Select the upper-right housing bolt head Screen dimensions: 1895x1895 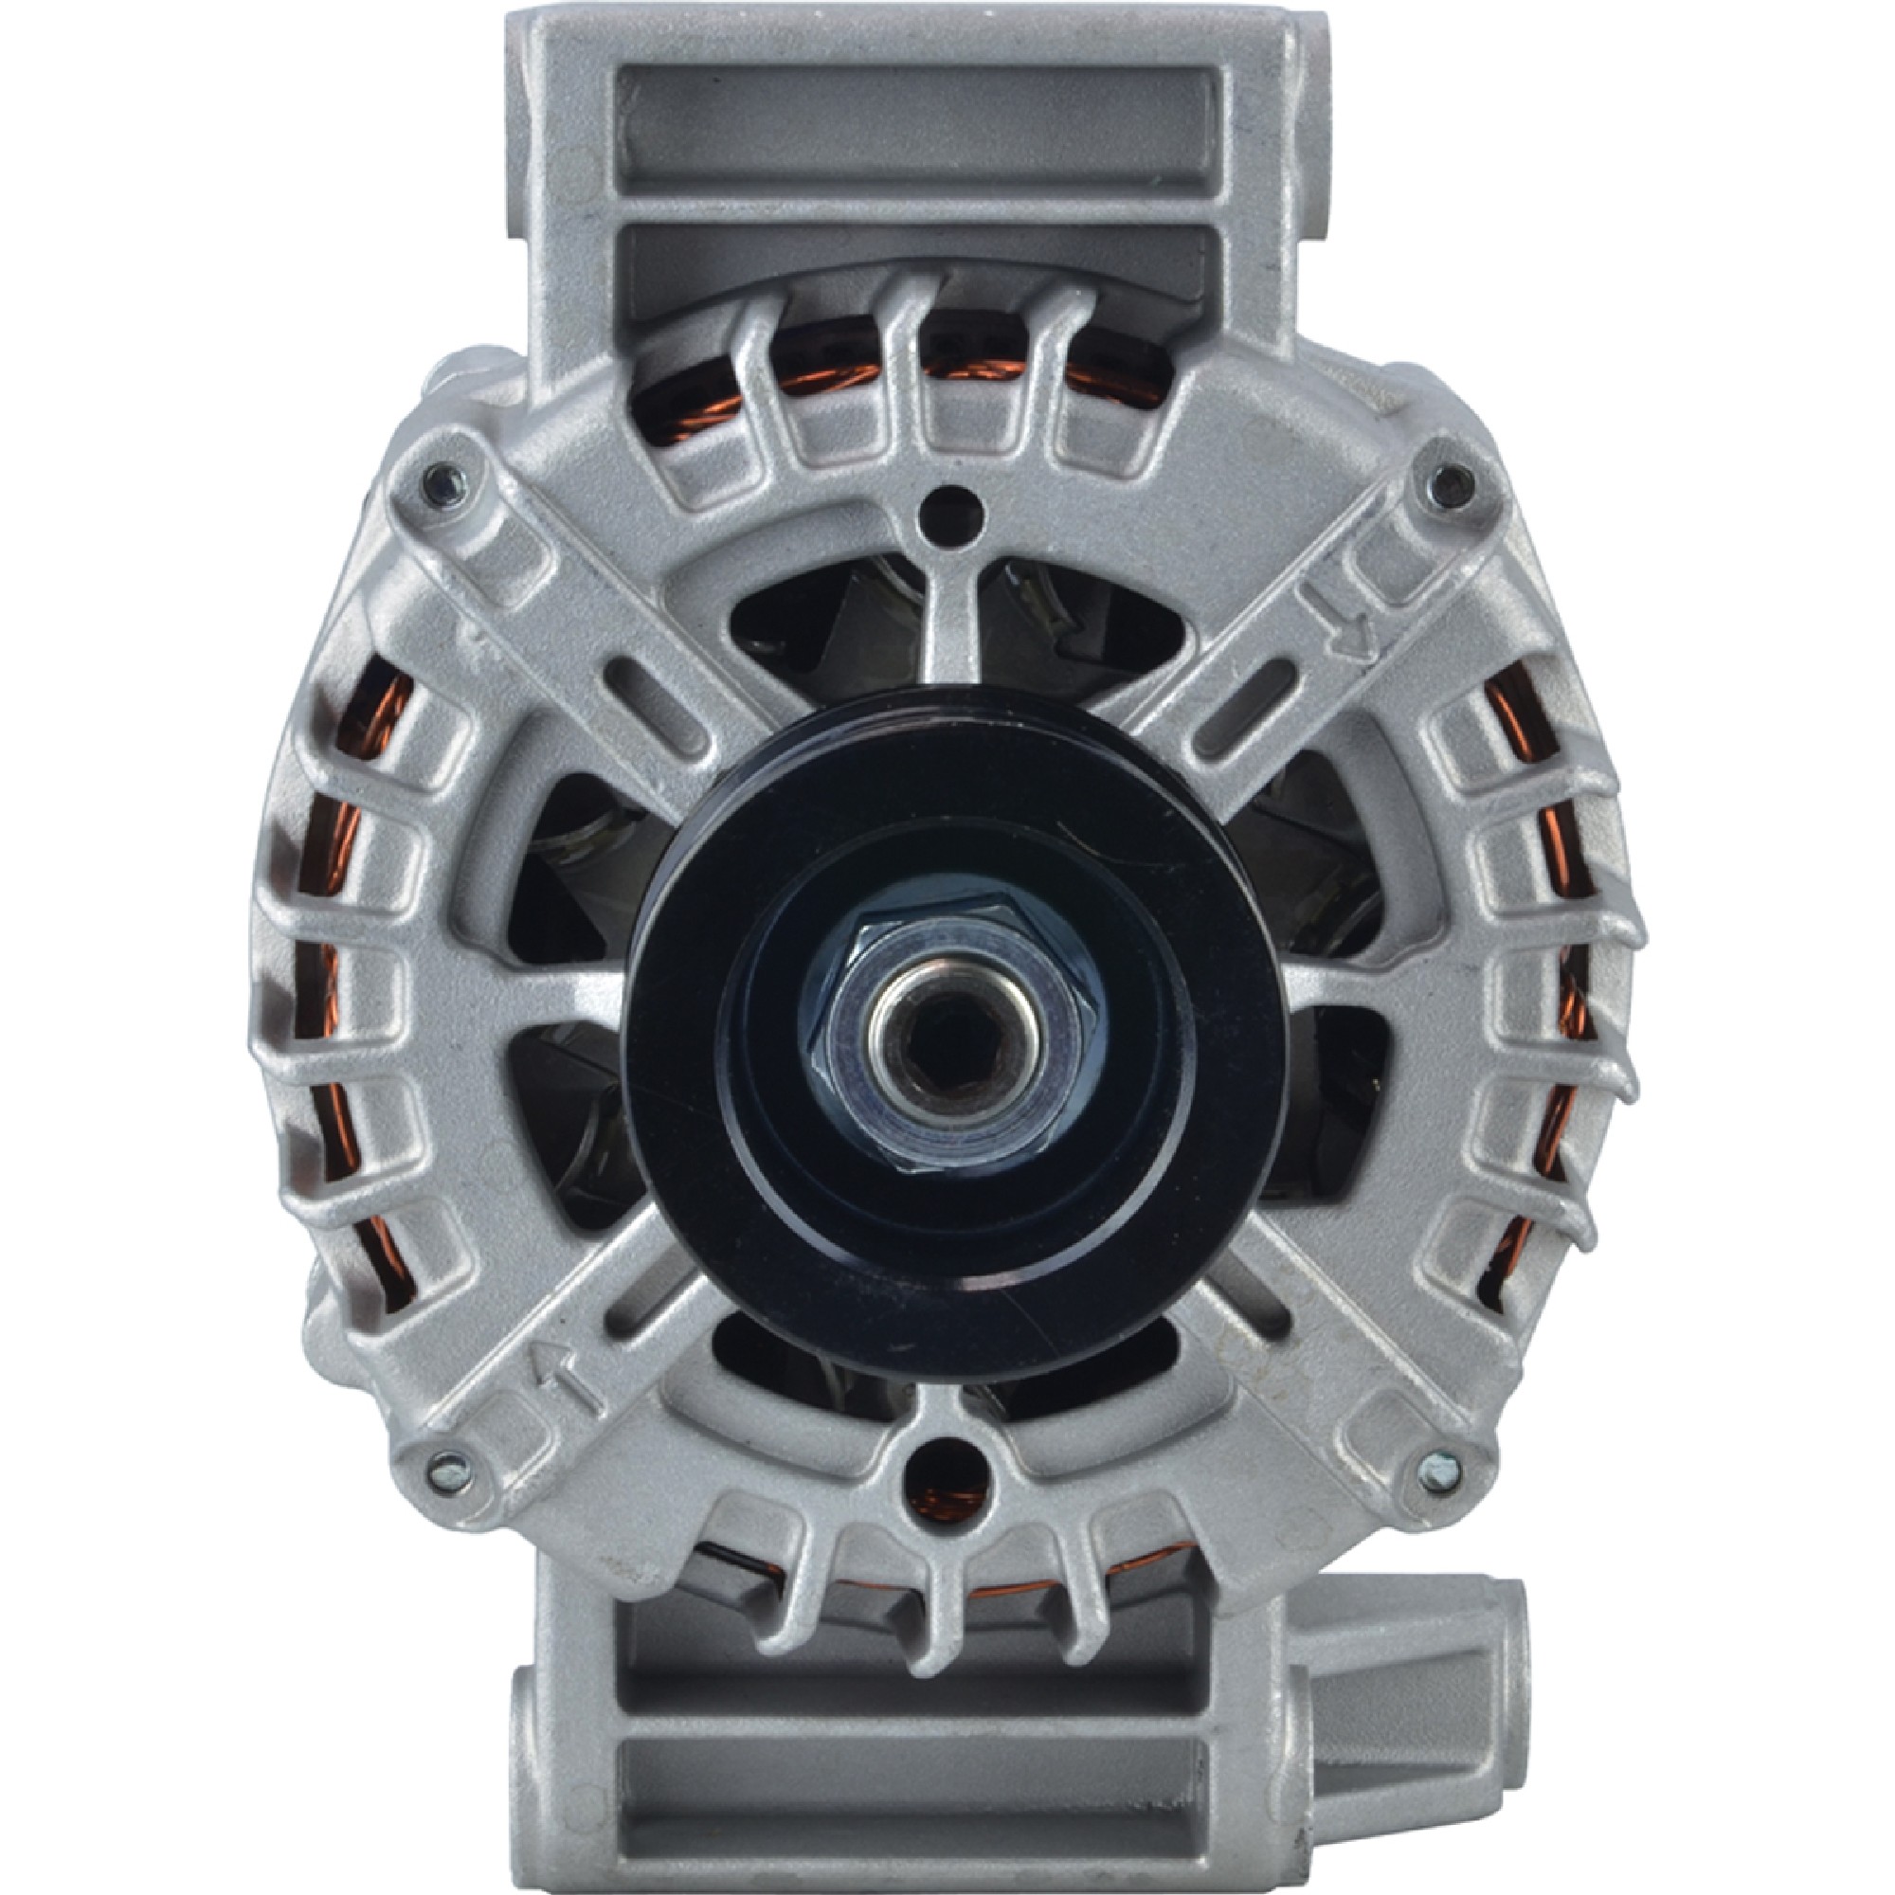[x=1454, y=482]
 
